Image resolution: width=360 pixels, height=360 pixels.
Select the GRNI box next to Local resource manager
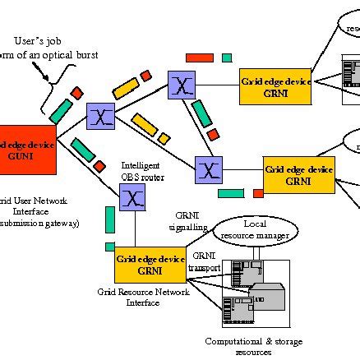150,264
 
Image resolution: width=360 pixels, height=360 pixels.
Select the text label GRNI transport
206,261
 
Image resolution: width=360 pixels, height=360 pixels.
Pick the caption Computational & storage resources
238,346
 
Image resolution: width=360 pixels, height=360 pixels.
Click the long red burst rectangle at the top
199,58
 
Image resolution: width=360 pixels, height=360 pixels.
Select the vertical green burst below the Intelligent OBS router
109,219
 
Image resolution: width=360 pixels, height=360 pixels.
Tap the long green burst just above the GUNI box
61,108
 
